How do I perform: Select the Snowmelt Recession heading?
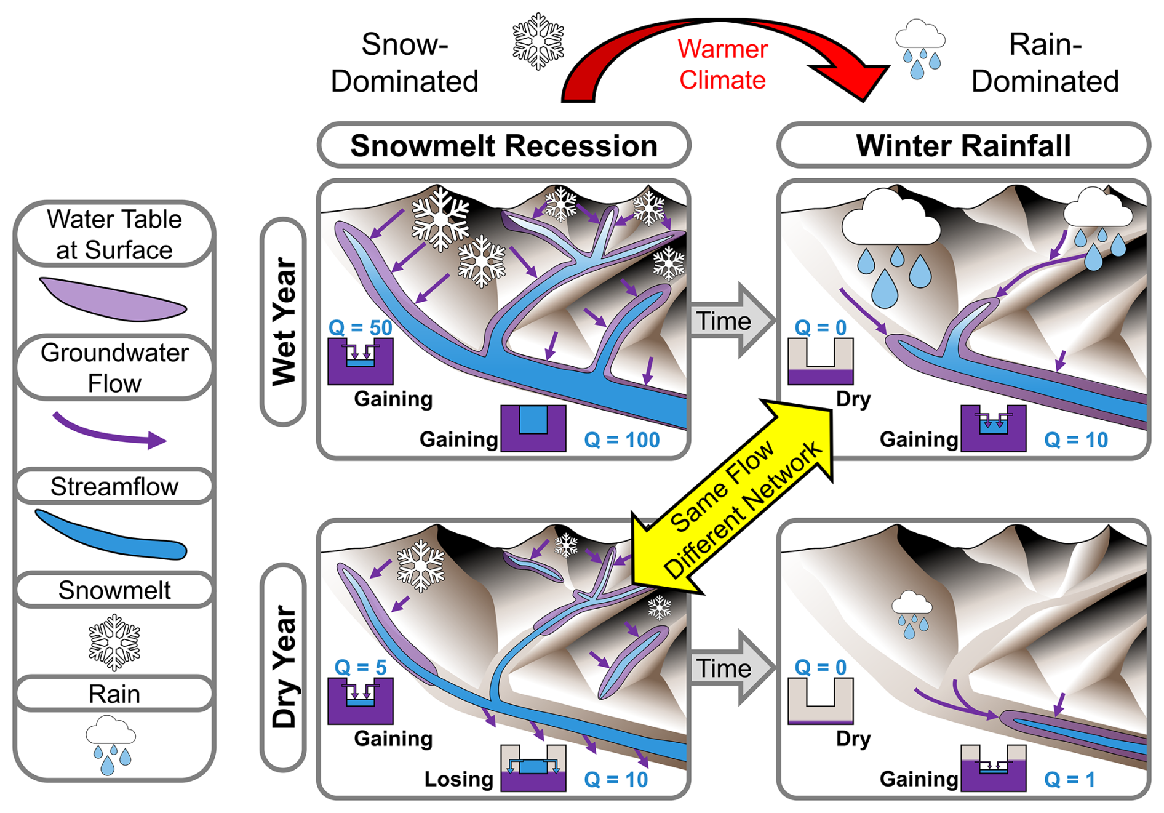coord(504,146)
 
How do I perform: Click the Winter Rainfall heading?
coord(963,146)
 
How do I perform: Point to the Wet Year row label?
coord(284,321)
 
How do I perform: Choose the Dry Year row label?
coord(284,667)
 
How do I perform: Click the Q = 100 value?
coord(621,440)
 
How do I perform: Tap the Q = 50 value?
coord(360,327)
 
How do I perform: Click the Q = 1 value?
coord(1069,780)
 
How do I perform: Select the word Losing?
coord(459,779)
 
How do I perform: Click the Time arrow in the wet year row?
coord(731,321)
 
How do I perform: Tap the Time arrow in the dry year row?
coord(731,668)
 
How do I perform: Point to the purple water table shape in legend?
coord(114,300)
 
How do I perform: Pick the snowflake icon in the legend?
coord(114,643)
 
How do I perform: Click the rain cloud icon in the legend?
coord(111,745)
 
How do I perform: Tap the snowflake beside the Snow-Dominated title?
coord(538,41)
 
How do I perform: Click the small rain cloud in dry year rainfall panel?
coord(912,614)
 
